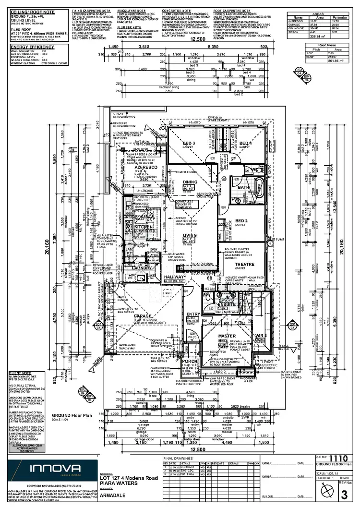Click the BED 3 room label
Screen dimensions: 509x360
tap(189, 144)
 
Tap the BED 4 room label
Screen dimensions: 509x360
tap(245, 144)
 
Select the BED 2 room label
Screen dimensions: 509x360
tap(241, 221)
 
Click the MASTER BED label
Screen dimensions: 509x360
tap(214, 325)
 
